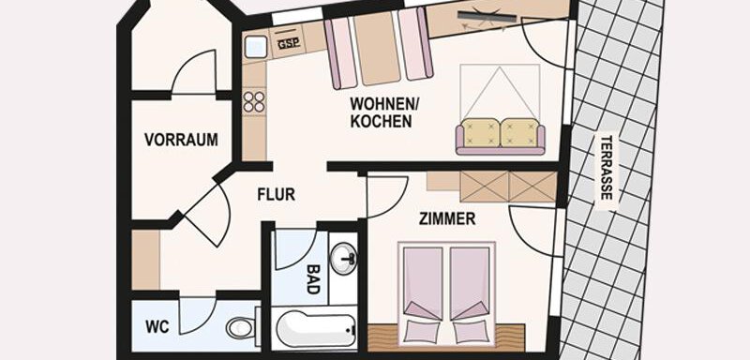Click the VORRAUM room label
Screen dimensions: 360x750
coord(181,140)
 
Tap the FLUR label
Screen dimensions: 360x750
coord(277,195)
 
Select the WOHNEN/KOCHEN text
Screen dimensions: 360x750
coord(381,112)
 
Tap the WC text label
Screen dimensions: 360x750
coord(156,328)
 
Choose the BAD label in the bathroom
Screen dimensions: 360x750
coord(313,279)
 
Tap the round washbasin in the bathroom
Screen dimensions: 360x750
coord(346,255)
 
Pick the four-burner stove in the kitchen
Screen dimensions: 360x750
coord(254,100)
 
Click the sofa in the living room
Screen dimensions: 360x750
coord(501,135)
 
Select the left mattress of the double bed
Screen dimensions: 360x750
coord(424,281)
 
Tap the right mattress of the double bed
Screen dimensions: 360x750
coord(470,281)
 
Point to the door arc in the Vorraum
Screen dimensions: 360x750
coord(196,72)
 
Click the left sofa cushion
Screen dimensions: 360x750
coord(479,131)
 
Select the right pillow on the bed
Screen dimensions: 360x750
coord(469,331)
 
